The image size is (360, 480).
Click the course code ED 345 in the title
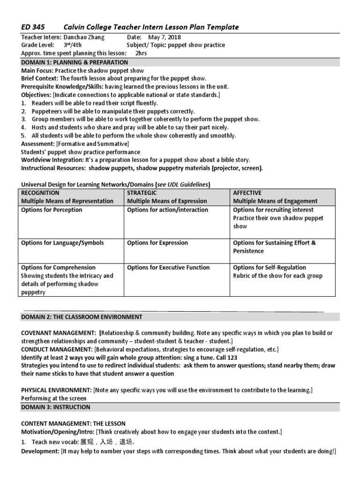(33, 27)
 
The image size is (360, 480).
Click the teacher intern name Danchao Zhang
(84, 37)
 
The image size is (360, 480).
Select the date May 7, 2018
(165, 37)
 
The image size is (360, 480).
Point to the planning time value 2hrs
(141, 53)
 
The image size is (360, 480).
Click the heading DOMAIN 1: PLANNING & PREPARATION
(75, 62)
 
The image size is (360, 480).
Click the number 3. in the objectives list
(24, 120)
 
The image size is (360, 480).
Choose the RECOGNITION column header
(40, 193)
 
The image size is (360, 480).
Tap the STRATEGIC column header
(142, 193)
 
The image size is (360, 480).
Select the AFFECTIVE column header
(247, 193)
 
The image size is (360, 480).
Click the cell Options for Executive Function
(168, 268)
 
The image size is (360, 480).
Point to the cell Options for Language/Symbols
(62, 243)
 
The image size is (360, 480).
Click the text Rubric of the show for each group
(277, 276)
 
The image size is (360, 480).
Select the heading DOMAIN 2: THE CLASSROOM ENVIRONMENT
(82, 317)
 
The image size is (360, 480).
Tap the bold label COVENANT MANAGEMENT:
(59, 333)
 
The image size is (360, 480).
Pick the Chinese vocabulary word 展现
(88, 442)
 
